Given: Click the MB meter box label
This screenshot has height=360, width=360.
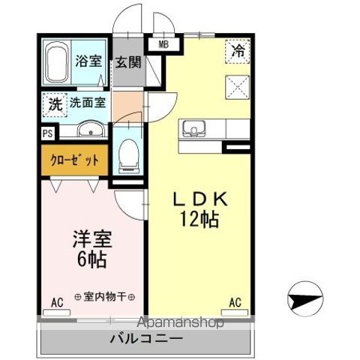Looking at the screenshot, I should tap(163, 44).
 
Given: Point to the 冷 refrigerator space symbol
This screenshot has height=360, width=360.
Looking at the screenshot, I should tap(236, 52).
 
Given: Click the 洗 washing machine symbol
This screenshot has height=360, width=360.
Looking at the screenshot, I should tap(55, 103).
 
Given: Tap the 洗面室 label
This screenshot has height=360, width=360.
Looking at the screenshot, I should tap(88, 103).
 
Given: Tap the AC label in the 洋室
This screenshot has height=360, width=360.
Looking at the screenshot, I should tap(57, 303).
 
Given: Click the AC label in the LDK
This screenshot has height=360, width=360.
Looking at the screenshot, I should tap(235, 302).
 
